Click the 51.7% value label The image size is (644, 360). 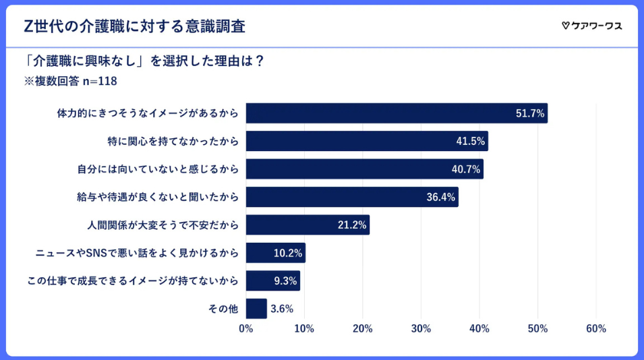point(529,113)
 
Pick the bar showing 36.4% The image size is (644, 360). point(351,197)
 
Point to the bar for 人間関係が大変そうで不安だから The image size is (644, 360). point(308,225)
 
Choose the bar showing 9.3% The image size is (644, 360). point(272,280)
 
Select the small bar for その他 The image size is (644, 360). point(256,309)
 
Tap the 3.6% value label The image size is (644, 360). point(282,309)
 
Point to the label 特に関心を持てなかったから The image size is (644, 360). point(173,141)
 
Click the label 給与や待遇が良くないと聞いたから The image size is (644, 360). point(158,198)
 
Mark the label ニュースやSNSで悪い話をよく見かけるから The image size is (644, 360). point(137,253)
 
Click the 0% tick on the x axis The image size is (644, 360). point(246,329)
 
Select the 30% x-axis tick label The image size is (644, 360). point(421,329)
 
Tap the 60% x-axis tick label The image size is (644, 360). point(596,329)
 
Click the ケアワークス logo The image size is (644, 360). point(591,26)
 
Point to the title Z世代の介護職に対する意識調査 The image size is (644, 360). point(134,26)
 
